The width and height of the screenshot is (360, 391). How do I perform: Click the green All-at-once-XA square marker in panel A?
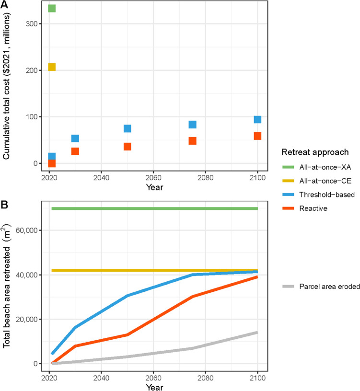(x=52, y=8)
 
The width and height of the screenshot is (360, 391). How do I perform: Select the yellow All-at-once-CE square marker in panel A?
(x=52, y=67)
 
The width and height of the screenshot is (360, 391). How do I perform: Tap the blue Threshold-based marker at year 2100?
(x=257, y=119)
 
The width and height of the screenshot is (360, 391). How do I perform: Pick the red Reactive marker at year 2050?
(x=128, y=147)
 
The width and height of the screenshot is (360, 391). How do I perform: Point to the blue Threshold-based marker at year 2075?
(x=192, y=125)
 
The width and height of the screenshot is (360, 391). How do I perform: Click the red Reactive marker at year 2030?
(x=75, y=151)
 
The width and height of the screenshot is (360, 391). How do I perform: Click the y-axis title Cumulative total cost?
(x=7, y=87)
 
